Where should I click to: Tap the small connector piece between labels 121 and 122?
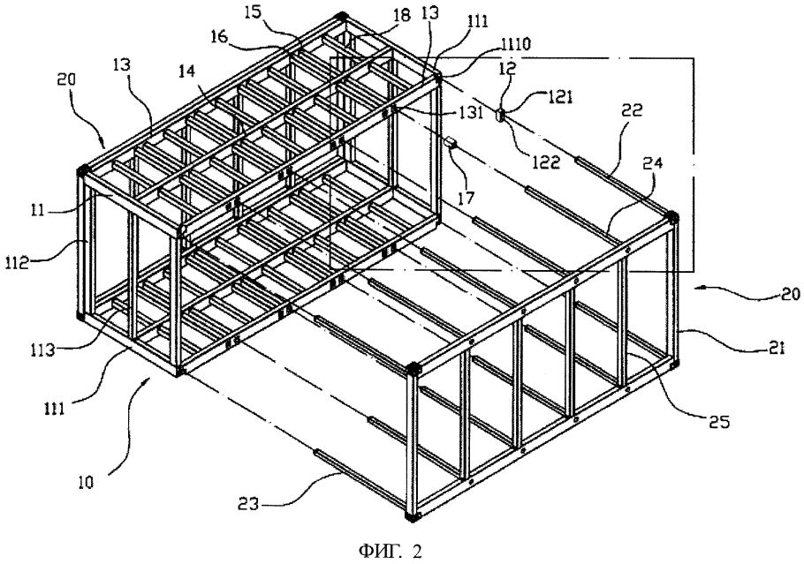[x=499, y=114]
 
